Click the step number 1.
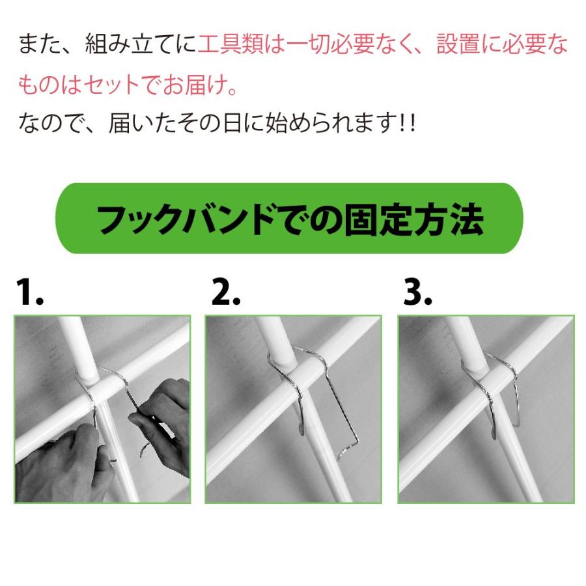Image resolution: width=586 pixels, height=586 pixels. tap(29, 294)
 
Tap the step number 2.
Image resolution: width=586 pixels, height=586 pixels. tap(225, 294)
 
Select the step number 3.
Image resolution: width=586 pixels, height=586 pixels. tap(417, 294)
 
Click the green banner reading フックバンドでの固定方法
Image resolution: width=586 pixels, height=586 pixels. tap(289, 219)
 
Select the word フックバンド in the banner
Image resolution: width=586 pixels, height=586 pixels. tap(185, 219)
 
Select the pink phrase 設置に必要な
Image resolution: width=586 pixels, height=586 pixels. tap(501, 45)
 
